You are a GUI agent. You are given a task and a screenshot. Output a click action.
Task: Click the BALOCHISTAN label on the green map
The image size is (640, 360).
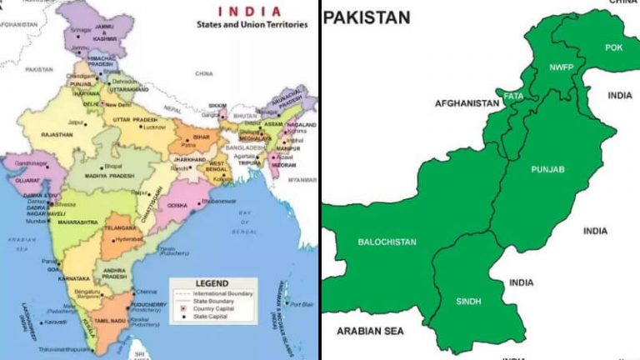(x=387, y=242)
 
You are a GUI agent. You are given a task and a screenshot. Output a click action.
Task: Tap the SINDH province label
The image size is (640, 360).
(x=468, y=300)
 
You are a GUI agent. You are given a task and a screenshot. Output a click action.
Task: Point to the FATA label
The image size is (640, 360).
(x=514, y=97)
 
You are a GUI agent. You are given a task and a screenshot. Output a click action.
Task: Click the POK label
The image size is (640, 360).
(x=614, y=48)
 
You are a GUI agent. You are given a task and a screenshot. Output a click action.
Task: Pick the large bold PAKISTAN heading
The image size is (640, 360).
(x=367, y=17)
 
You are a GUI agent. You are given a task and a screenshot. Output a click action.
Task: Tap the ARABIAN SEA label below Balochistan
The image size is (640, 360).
(x=370, y=331)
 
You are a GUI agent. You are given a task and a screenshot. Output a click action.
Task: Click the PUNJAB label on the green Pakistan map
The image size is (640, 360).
(x=547, y=170)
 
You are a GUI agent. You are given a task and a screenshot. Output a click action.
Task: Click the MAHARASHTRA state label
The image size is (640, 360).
(x=78, y=222)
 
